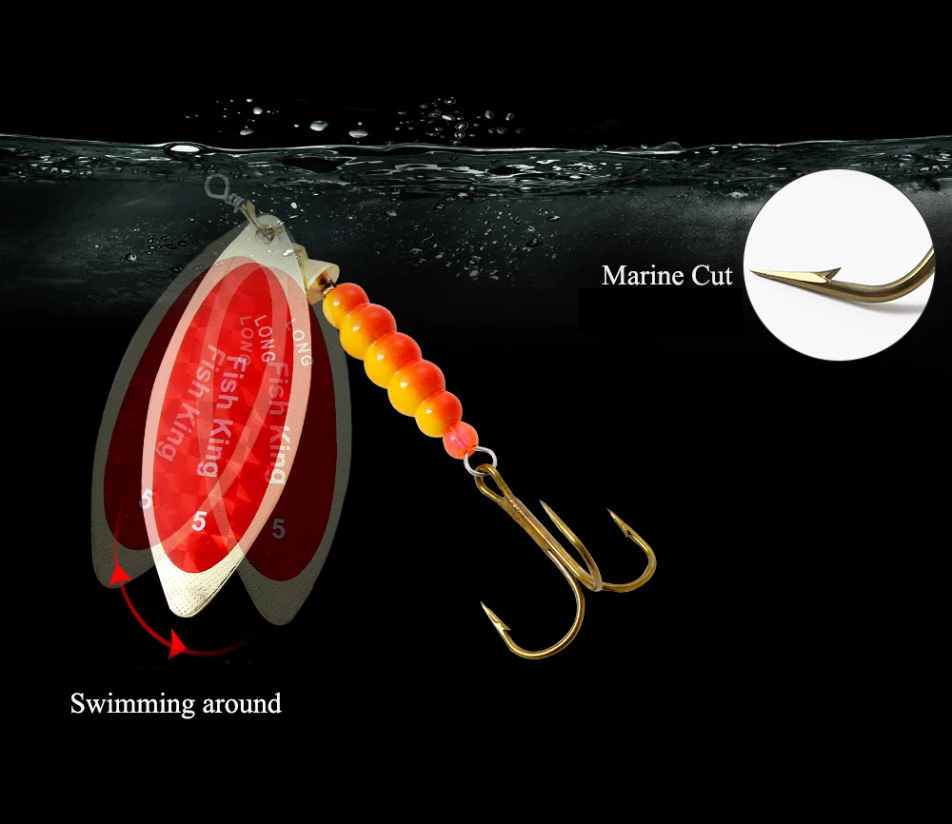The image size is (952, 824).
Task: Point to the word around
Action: pyautogui.click(x=242, y=704)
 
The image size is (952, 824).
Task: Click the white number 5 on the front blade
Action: pyautogui.click(x=199, y=520)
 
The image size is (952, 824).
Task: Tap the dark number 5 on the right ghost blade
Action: pyautogui.click(x=278, y=529)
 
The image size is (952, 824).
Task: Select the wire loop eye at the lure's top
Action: pyautogui.click(x=218, y=186)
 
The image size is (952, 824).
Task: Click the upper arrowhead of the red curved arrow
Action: pyautogui.click(x=118, y=573)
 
